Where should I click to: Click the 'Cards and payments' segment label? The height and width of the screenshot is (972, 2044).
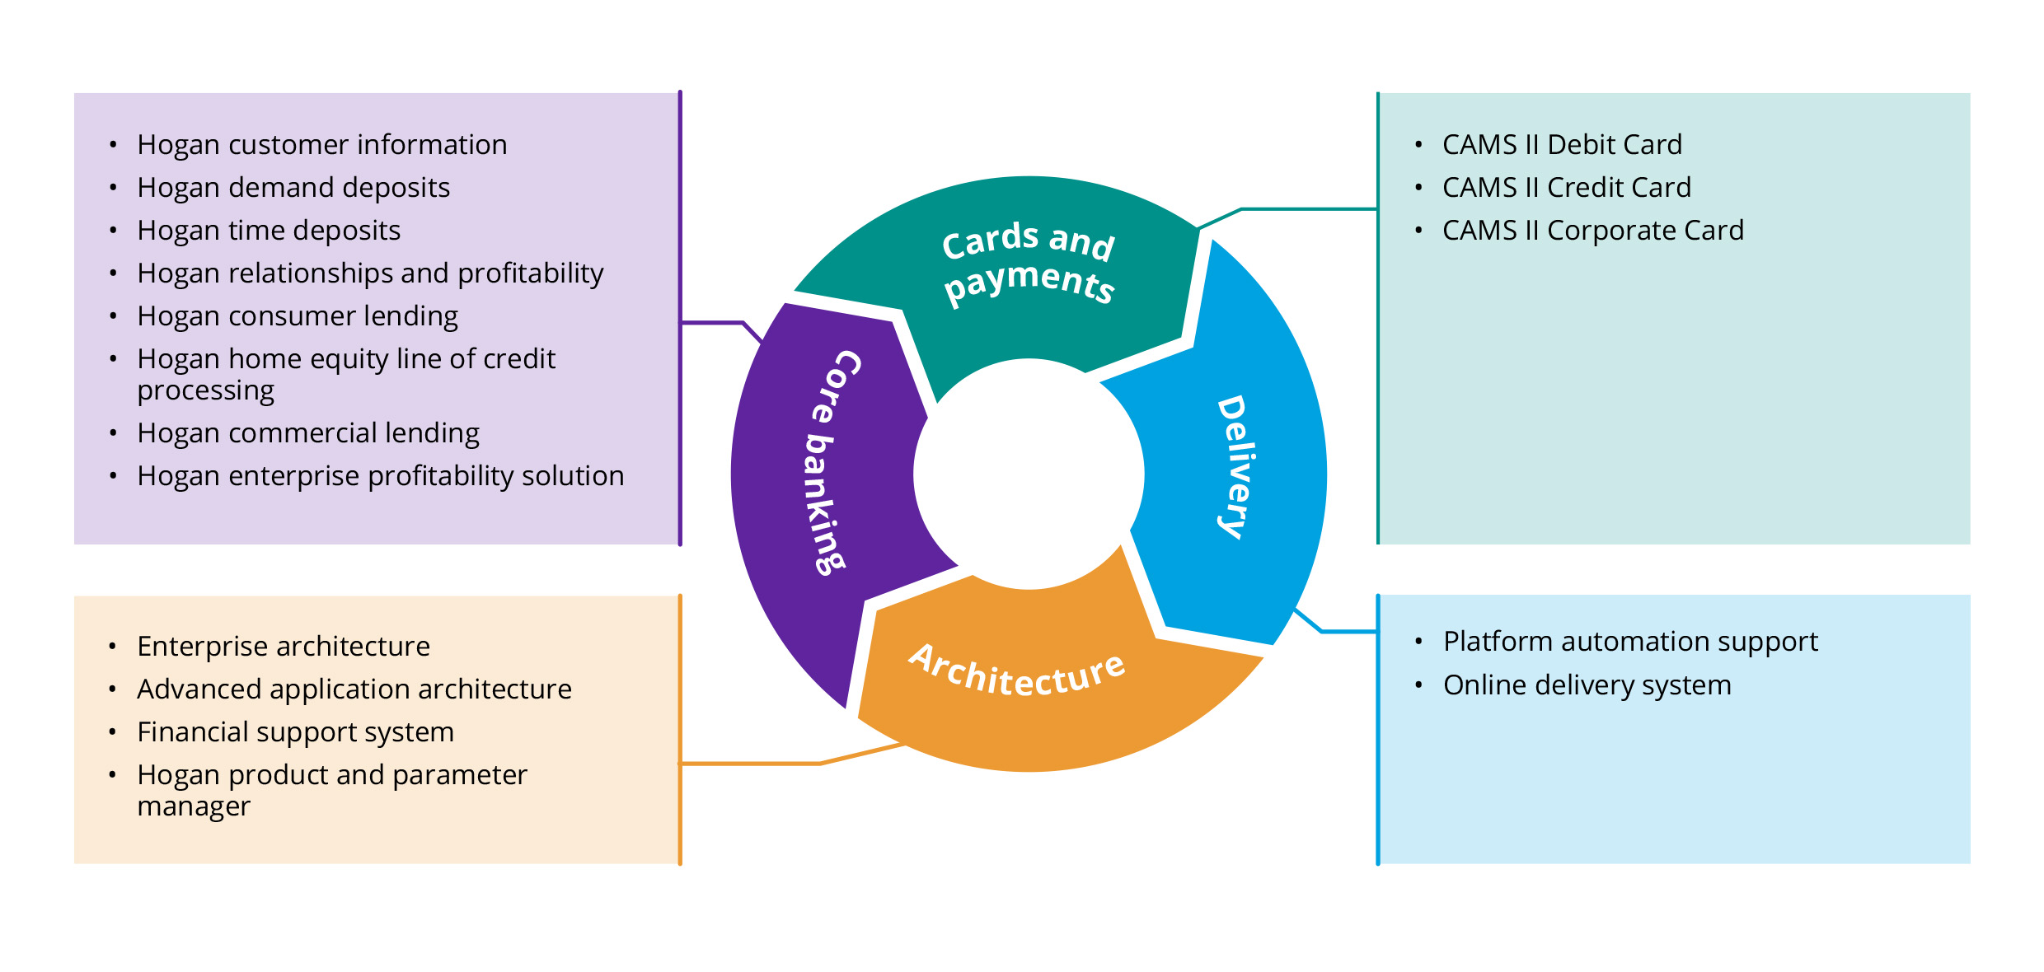(x=1029, y=262)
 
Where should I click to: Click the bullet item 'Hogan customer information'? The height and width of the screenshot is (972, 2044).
(x=321, y=145)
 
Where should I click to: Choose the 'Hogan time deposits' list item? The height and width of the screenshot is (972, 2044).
(x=269, y=231)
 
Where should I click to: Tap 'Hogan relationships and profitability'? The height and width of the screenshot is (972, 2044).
(x=370, y=273)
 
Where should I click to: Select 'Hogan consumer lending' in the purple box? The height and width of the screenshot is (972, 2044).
(x=298, y=316)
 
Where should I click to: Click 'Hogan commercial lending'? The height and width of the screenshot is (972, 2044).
(x=308, y=433)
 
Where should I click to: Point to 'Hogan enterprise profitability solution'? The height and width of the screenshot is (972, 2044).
(x=380, y=476)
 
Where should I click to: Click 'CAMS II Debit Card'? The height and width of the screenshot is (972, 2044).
(x=1562, y=145)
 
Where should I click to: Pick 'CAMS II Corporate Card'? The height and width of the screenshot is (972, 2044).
(x=1592, y=231)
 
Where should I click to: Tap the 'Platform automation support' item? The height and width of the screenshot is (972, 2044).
(x=1630, y=642)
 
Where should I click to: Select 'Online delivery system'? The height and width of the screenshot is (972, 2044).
(x=1587, y=685)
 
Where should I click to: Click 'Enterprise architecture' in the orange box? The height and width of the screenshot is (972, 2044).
(x=284, y=647)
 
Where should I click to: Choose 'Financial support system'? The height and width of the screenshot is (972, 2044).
(x=295, y=732)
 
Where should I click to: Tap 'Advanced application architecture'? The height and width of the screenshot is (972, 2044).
(x=354, y=689)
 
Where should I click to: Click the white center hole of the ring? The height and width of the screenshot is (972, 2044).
(x=1029, y=474)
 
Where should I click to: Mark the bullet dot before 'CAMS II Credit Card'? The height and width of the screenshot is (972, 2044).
(x=1418, y=188)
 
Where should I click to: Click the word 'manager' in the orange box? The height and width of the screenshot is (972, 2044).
(x=194, y=806)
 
